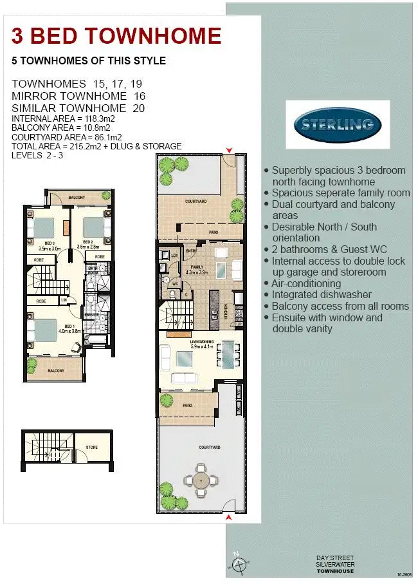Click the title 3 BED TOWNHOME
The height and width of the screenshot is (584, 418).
116,36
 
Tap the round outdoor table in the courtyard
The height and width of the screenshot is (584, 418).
201,480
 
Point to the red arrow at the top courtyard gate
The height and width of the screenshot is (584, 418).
228,151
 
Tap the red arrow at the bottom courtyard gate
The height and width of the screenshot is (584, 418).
228,516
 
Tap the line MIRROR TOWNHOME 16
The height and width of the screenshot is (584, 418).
78,96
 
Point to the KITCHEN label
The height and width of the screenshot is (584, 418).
226,311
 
